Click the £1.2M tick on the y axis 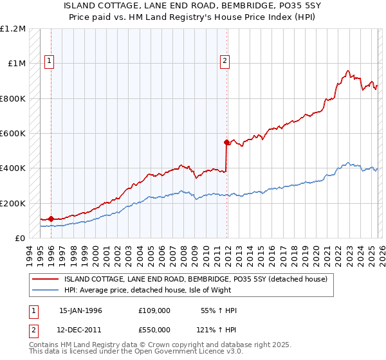tap(14, 29)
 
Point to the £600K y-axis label tap(13, 134)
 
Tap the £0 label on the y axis tap(19, 238)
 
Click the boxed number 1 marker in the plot tap(50, 61)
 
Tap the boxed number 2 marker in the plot tap(225, 61)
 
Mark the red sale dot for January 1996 tap(51, 219)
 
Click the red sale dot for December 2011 tap(226, 142)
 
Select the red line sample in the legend tap(46, 279)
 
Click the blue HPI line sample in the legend tap(46, 290)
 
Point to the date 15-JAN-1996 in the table tap(80, 310)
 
